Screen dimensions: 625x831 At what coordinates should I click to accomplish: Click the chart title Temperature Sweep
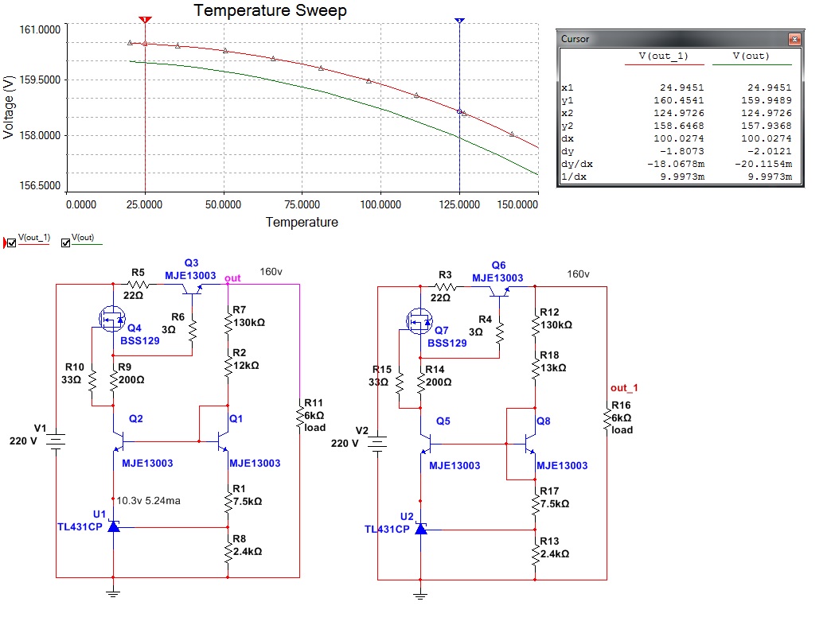270,11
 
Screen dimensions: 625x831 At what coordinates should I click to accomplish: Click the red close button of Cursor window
793,38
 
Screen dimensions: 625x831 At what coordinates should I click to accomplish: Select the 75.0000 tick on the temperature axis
302,204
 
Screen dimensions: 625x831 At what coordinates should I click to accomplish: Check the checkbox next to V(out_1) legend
11,243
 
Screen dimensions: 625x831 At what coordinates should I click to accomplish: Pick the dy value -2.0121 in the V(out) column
773,151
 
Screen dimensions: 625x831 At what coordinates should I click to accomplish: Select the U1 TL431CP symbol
114,526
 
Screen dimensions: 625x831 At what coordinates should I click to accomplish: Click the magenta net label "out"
232,278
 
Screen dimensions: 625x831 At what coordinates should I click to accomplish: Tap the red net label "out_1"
625,387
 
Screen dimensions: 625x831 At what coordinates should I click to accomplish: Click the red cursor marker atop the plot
145,18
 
